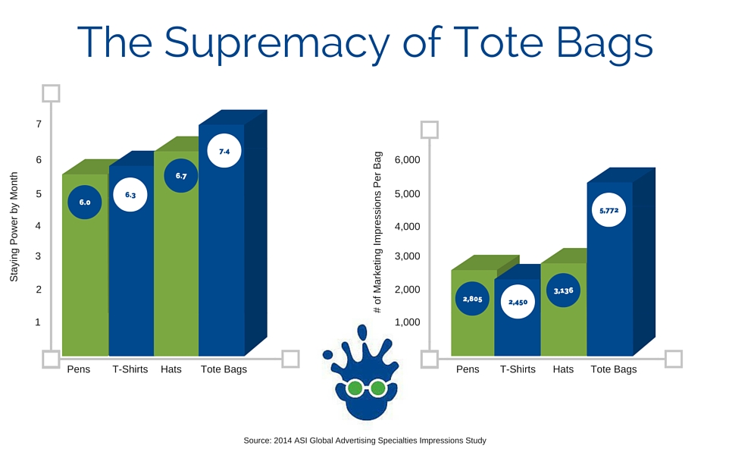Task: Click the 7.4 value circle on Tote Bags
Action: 224,152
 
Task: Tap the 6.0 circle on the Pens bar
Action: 84,202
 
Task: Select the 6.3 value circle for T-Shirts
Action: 130,195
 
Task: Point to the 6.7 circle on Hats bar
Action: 180,176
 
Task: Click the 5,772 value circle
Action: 608,210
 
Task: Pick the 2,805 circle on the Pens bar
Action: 471,299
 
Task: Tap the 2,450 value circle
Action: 518,301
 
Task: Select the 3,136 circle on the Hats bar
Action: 563,290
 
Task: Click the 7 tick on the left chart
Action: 38,124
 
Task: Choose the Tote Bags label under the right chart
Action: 613,369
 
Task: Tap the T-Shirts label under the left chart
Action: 129,369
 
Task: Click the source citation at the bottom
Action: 364,440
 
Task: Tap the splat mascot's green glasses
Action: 366,389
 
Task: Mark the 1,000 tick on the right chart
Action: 407,322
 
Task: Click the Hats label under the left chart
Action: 171,369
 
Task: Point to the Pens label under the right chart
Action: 468,369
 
